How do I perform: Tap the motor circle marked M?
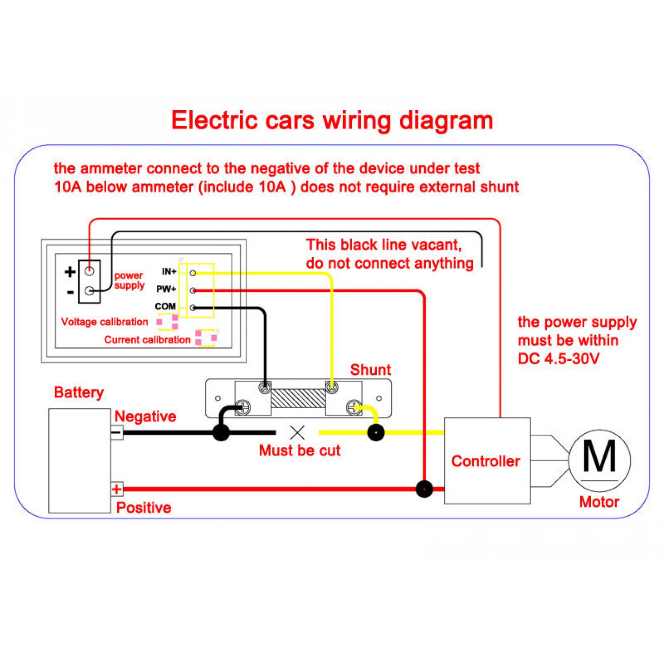[x=599, y=460]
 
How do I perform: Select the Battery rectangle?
[x=79, y=460]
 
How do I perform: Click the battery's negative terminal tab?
[x=117, y=432]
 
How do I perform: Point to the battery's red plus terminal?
[x=117, y=489]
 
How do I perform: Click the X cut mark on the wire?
[x=297, y=432]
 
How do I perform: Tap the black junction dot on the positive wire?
[x=424, y=489]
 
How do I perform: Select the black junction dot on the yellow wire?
[x=376, y=432]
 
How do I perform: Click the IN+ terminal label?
[x=169, y=271]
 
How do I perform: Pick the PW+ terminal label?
[x=166, y=289]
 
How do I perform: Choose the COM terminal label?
[x=165, y=306]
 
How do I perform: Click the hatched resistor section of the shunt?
[x=298, y=398]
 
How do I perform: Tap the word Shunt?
[x=371, y=370]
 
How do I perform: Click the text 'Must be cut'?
[x=300, y=451]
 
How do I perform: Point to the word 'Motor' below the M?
[x=599, y=502]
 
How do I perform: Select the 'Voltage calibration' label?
[x=104, y=322]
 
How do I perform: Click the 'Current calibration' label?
[x=147, y=340]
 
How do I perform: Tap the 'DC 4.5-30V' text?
[x=559, y=359]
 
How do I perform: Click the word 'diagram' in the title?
[x=446, y=120]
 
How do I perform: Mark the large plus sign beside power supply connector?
[x=70, y=271]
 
